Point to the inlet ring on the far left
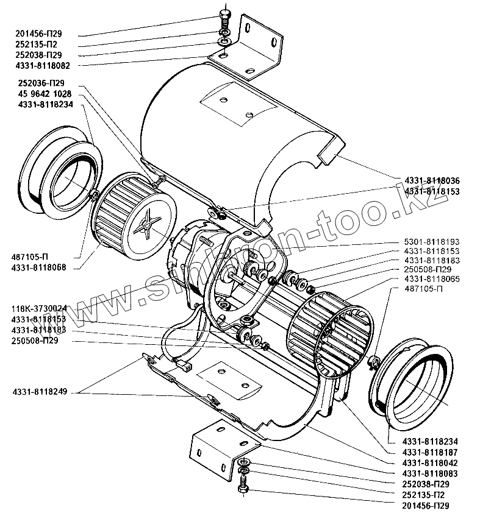(x=61, y=171)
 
